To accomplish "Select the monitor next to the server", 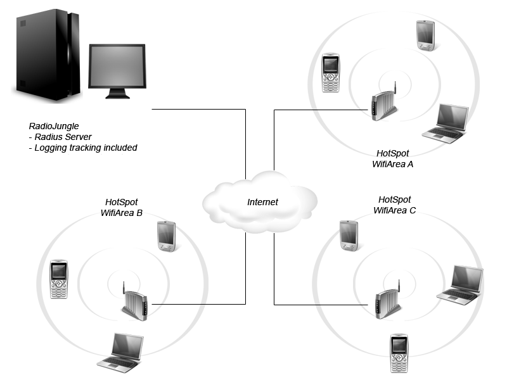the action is pyautogui.click(x=117, y=71).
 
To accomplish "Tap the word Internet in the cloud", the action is pyautogui.click(x=262, y=202).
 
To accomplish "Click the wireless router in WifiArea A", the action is pyautogui.click(x=384, y=103).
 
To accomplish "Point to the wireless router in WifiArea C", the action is pyautogui.click(x=388, y=300).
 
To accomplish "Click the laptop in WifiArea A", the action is pyautogui.click(x=446, y=123).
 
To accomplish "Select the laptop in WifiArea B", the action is pyautogui.click(x=120, y=353).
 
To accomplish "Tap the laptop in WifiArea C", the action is pyautogui.click(x=460, y=286).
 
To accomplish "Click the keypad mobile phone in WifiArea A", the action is pyautogui.click(x=331, y=73).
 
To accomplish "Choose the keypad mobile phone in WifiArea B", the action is pyautogui.click(x=59, y=279).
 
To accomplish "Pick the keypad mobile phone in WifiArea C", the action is pyautogui.click(x=399, y=353).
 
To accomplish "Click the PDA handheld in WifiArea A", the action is pyautogui.click(x=425, y=35).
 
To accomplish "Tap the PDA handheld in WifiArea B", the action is pyautogui.click(x=167, y=236).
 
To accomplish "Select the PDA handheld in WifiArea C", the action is pyautogui.click(x=349, y=236).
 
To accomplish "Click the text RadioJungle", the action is pyautogui.click(x=54, y=126).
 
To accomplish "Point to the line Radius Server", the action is pyautogui.click(x=60, y=137).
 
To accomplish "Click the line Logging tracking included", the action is pyautogui.click(x=83, y=148).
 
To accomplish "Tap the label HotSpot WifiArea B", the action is pyautogui.click(x=122, y=208).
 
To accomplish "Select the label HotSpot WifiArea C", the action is pyautogui.click(x=394, y=205).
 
